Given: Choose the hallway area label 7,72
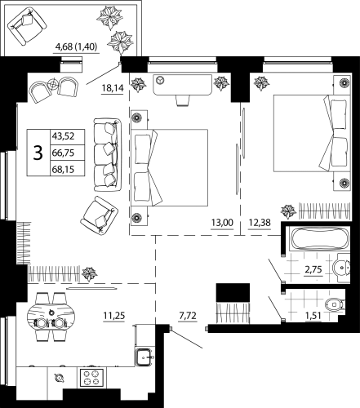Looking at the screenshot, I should [189, 312].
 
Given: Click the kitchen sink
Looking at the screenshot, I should [144, 356].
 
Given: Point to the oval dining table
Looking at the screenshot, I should [50, 317].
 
